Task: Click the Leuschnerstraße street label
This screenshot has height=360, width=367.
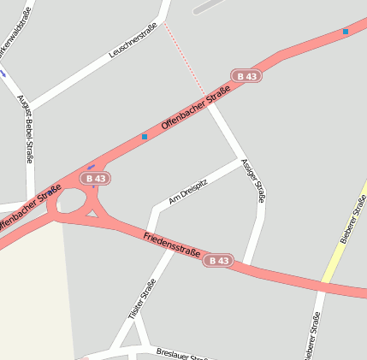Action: pyautogui.click(x=133, y=40)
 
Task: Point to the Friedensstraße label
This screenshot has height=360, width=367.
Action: pyautogui.click(x=172, y=244)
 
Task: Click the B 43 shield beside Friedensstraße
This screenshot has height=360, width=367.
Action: pyautogui.click(x=218, y=260)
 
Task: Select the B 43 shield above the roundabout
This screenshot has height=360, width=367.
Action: pyautogui.click(x=96, y=179)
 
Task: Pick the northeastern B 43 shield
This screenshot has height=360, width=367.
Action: pyautogui.click(x=246, y=76)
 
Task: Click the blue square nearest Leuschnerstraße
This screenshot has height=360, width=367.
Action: pyautogui.click(x=145, y=137)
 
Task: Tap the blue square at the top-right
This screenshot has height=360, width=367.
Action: pyautogui.click(x=346, y=32)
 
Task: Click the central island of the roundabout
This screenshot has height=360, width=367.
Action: pyautogui.click(x=72, y=204)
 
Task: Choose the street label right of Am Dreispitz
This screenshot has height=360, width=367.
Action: pyautogui.click(x=254, y=180)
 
